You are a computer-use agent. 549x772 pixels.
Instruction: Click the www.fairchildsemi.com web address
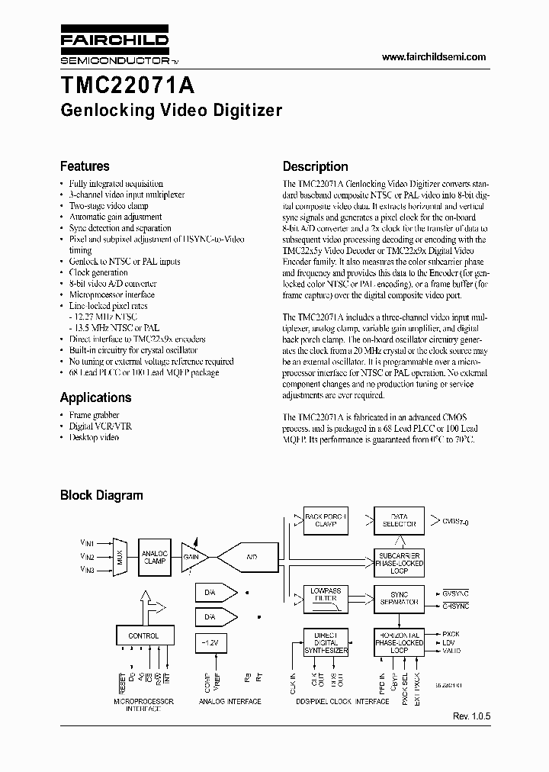(x=433, y=57)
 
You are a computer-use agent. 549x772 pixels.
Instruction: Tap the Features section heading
(x=85, y=166)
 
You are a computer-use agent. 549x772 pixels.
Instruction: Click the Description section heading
(x=315, y=166)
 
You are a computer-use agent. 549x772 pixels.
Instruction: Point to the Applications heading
(x=95, y=397)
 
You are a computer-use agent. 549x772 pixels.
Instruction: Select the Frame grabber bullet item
(x=95, y=414)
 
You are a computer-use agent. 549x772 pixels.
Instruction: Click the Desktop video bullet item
(x=94, y=437)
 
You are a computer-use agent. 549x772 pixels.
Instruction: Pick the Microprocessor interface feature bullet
(x=111, y=294)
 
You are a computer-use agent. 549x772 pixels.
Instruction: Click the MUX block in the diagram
(x=119, y=556)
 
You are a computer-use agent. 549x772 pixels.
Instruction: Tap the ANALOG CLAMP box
(x=155, y=556)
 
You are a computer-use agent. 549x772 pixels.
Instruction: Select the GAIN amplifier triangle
(x=192, y=557)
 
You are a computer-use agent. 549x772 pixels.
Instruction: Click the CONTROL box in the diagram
(x=143, y=635)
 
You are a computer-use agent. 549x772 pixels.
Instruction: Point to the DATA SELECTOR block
(x=399, y=521)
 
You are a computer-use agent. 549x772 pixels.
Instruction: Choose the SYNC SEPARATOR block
(x=399, y=598)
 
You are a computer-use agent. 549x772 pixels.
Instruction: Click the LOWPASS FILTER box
(x=326, y=595)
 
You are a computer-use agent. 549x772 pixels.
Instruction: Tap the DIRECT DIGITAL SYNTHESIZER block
(x=326, y=642)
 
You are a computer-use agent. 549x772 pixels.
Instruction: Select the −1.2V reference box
(x=210, y=644)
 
